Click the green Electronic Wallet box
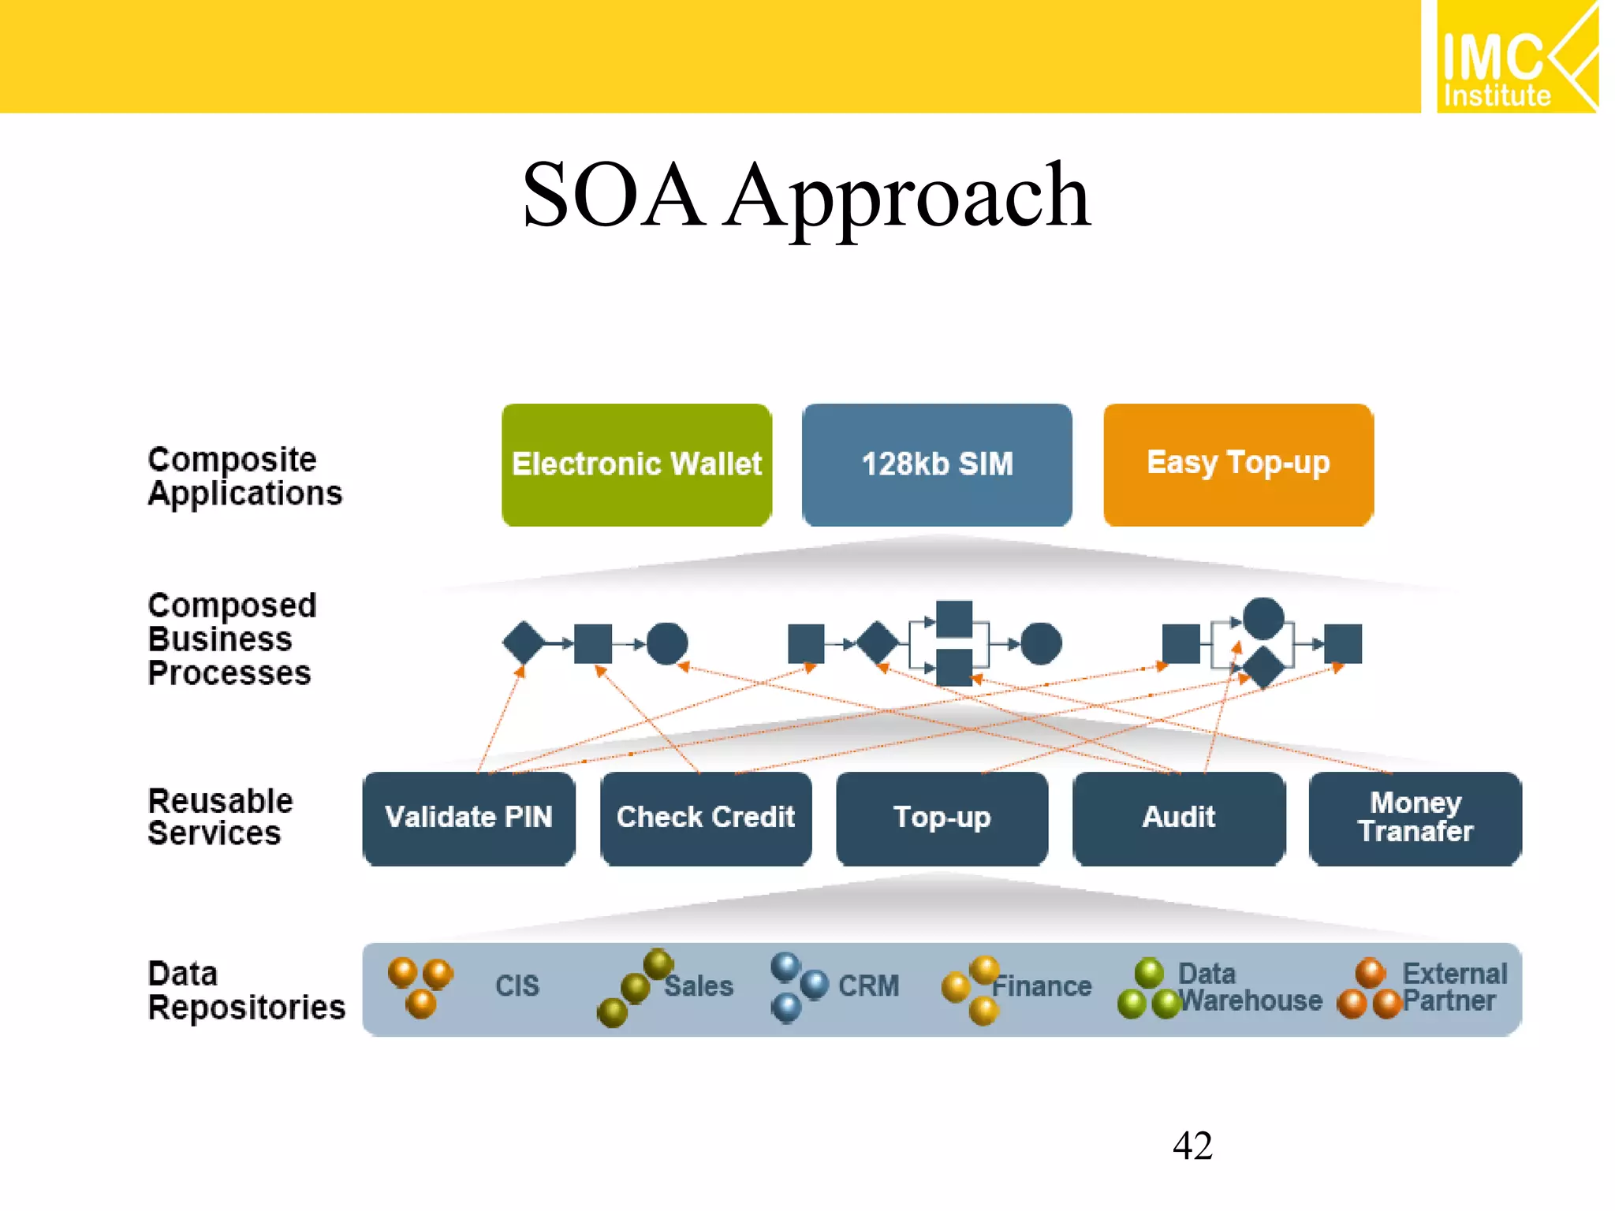[x=636, y=464]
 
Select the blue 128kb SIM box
[x=937, y=464]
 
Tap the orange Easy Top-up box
[x=1238, y=464]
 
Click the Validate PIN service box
[x=468, y=818]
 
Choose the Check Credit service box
[x=706, y=818]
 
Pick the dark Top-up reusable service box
[x=942, y=818]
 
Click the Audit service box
[x=1179, y=818]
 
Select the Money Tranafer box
[x=1415, y=818]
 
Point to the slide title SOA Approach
[x=807, y=195]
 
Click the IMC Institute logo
[x=1516, y=57]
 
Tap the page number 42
[x=1192, y=1146]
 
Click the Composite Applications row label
[x=244, y=476]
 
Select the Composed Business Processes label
[x=232, y=639]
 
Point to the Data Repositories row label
[x=246, y=991]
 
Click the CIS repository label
[x=517, y=986]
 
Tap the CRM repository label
[x=868, y=986]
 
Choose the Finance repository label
[x=1042, y=986]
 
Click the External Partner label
[x=1453, y=987]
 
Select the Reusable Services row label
[x=220, y=818]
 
